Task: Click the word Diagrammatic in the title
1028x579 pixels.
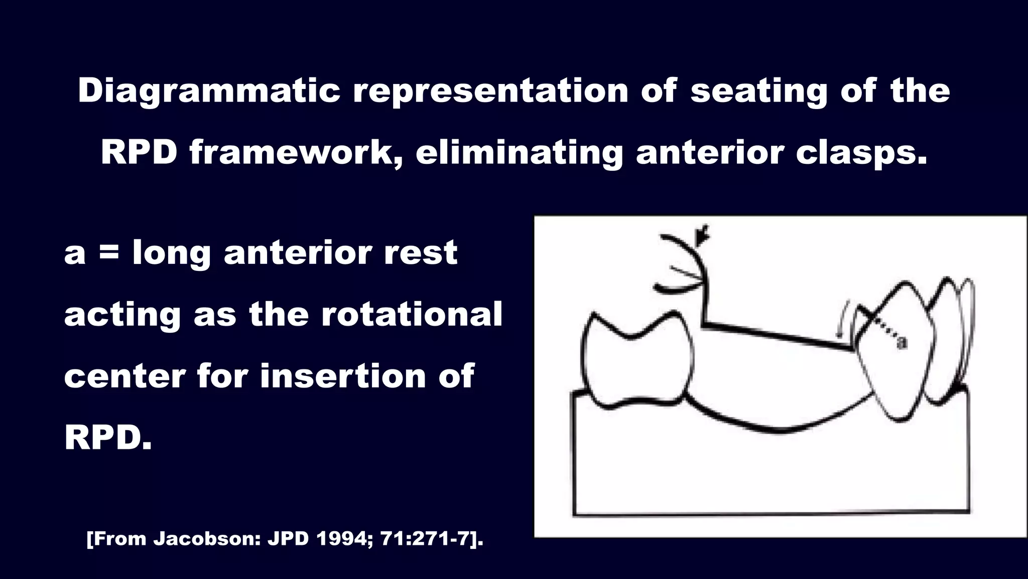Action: pyautogui.click(x=209, y=91)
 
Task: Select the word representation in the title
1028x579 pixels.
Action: pyautogui.click(x=490, y=91)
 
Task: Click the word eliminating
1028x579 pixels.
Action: pyautogui.click(x=519, y=153)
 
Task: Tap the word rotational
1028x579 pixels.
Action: pyautogui.click(x=411, y=315)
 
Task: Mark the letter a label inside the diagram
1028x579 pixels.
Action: pyautogui.click(x=902, y=343)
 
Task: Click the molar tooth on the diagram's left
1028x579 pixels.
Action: pyautogui.click(x=636, y=359)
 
